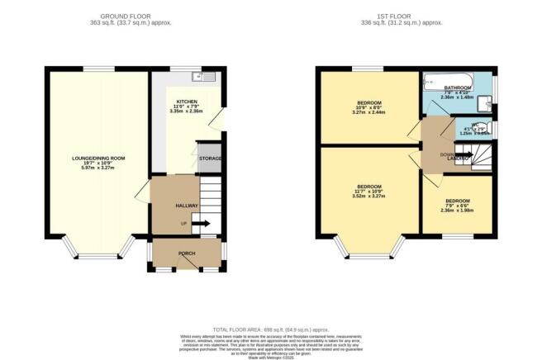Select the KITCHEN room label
pyautogui.click(x=186, y=101)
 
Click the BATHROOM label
pyautogui.click(x=457, y=87)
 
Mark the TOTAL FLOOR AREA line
pyautogui.click(x=271, y=329)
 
